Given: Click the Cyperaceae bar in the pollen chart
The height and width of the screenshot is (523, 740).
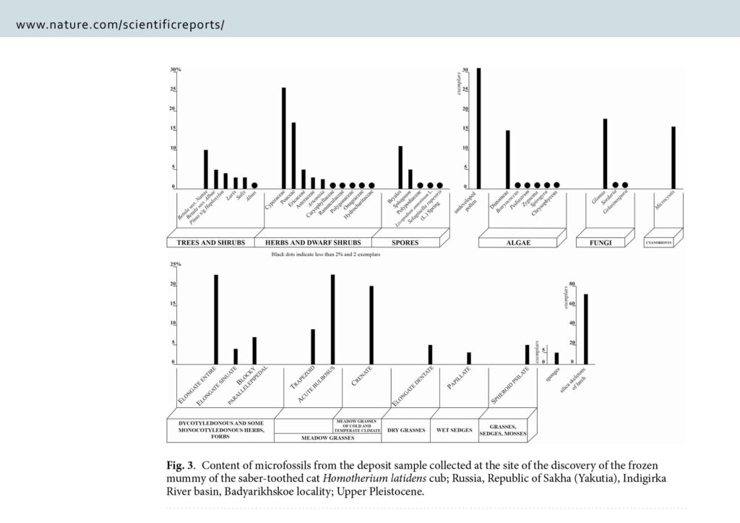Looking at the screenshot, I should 283,137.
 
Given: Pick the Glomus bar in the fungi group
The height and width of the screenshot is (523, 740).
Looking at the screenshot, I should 605,153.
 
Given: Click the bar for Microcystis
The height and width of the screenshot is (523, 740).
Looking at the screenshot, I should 674,157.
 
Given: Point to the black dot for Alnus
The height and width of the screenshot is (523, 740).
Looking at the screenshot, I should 254,185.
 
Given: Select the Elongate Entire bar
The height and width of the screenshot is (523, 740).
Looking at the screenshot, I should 215,318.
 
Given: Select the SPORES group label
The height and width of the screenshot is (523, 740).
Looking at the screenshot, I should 405,242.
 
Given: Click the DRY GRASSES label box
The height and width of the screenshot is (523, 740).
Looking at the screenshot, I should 405,430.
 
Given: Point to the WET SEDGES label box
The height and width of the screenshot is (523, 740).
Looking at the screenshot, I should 454,430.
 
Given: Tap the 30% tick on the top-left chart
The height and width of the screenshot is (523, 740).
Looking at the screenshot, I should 175,70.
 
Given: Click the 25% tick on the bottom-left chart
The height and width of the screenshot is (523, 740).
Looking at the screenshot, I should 175,265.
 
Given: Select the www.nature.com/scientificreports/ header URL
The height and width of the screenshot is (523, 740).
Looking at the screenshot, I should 120,24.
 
